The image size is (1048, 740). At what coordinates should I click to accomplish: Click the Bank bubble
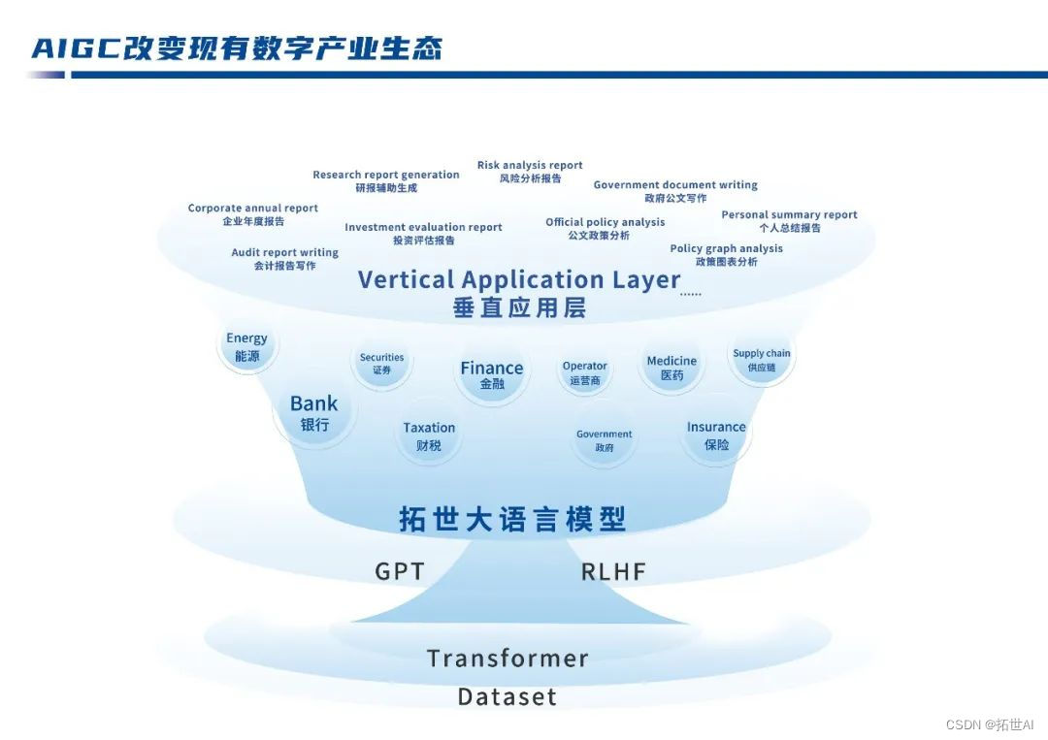point(314,413)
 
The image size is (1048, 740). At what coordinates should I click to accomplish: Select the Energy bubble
point(246,347)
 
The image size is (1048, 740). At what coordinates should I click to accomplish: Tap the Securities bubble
point(381,364)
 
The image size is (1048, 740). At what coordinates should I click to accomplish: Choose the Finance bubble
point(491,374)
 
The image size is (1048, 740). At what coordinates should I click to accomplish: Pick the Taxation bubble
point(429,435)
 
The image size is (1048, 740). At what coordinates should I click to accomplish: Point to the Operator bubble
point(584,372)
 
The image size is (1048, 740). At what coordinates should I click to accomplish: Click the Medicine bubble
point(671,368)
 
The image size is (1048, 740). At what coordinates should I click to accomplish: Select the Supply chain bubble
point(761,360)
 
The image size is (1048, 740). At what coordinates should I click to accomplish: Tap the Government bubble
point(604,440)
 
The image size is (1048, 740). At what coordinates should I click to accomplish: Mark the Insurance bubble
point(716,435)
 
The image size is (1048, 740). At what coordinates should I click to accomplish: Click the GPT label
point(400,571)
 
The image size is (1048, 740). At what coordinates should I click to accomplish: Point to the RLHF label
point(613,571)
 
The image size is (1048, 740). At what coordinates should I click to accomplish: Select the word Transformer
point(508,659)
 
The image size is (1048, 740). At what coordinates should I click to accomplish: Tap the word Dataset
point(508,696)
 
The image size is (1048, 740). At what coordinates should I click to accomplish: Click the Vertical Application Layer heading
point(519,280)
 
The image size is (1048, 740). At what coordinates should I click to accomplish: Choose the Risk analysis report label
point(530,166)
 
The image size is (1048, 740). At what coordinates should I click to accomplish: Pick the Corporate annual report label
point(253,209)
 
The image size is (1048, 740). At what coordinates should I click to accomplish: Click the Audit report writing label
point(284,253)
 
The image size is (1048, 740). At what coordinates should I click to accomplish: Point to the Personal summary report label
point(789,215)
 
